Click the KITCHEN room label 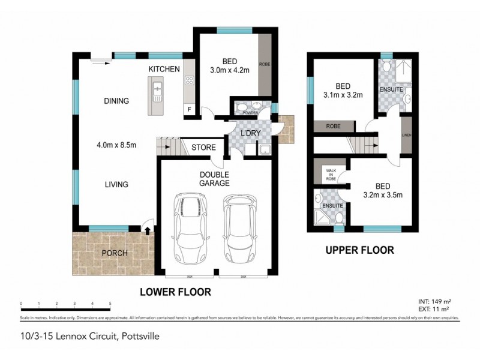[x=164, y=70]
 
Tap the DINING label [x=116, y=101]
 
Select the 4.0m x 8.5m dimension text [x=116, y=144]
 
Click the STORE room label [x=203, y=148]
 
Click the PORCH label [x=115, y=253]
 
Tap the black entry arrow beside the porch [x=148, y=229]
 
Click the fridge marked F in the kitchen [x=190, y=109]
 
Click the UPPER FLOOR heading [x=359, y=250]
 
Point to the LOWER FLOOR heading [x=175, y=292]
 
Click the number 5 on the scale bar [x=110, y=304]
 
